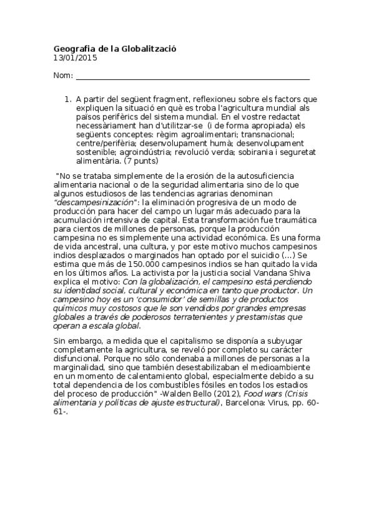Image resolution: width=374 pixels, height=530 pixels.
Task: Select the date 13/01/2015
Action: point(76,58)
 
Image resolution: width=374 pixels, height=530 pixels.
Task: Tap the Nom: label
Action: point(63,76)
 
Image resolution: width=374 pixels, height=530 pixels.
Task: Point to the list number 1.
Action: point(68,99)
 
